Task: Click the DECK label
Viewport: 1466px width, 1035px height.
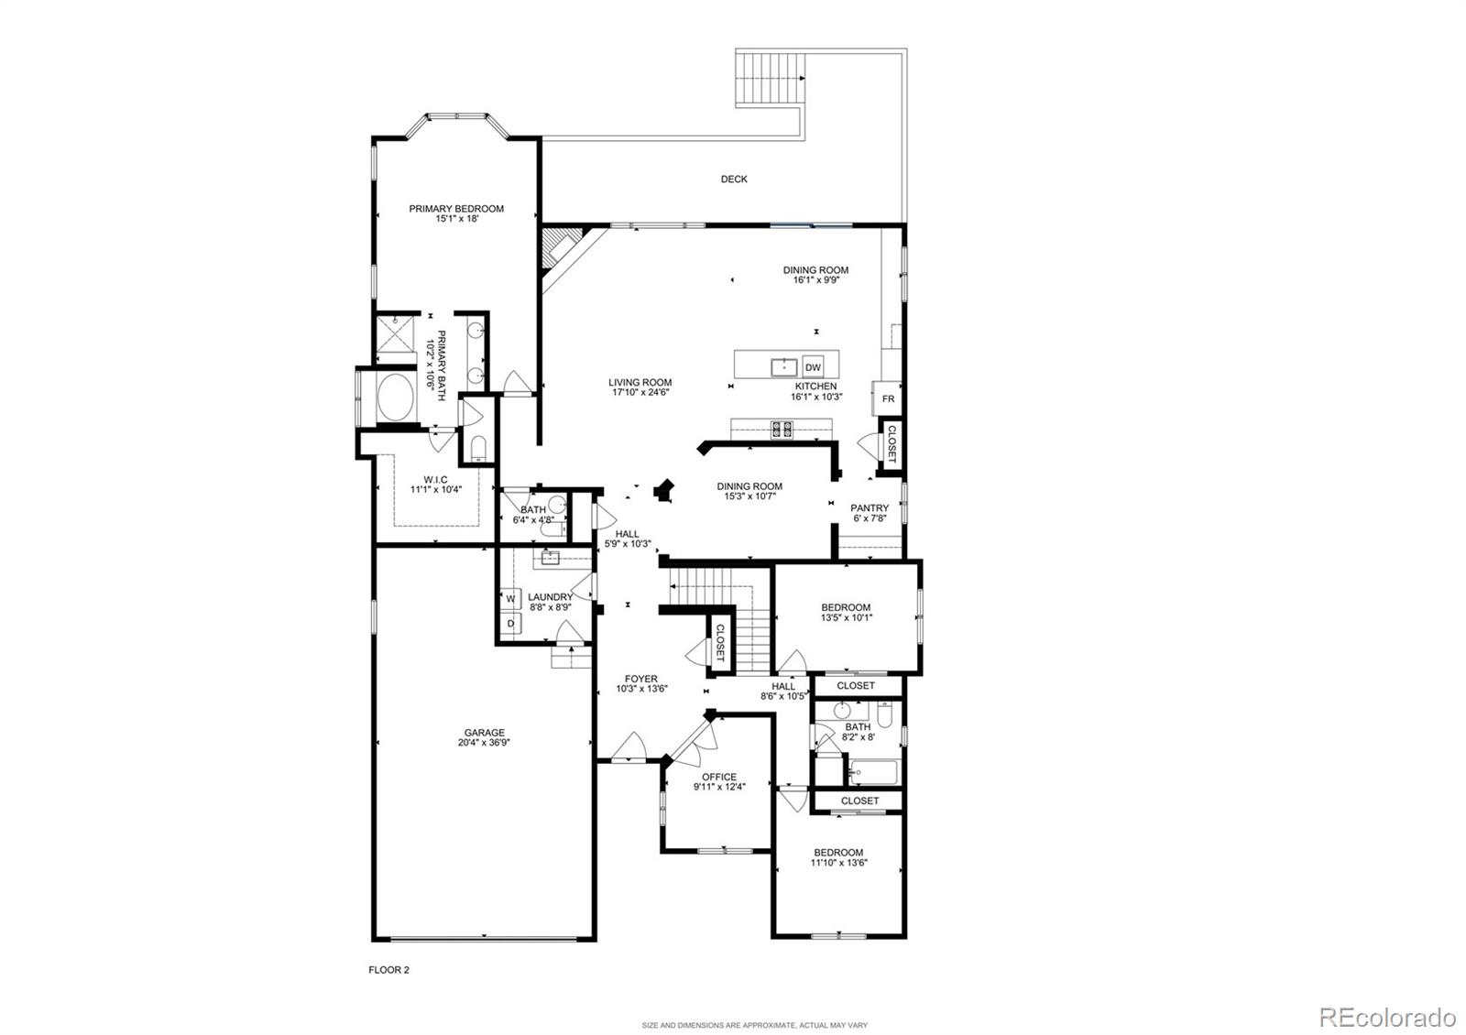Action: point(734,180)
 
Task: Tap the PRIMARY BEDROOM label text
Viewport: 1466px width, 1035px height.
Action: point(456,209)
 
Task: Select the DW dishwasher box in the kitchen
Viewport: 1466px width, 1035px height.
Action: point(813,367)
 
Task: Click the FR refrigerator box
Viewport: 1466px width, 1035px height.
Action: point(888,399)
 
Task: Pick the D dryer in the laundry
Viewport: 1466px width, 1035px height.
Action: point(511,623)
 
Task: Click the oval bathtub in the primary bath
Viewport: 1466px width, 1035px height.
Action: point(397,398)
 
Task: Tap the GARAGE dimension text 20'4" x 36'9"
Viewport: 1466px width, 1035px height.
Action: point(484,744)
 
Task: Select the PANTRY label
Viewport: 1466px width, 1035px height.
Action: point(870,508)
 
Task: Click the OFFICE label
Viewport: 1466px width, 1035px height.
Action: point(719,777)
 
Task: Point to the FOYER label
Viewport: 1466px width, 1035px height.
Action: point(641,679)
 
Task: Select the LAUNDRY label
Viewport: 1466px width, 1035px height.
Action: point(550,597)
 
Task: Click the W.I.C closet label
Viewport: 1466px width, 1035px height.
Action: point(435,479)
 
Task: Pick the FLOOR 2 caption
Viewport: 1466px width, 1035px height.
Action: point(388,969)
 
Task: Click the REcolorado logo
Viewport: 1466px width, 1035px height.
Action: point(1386,1017)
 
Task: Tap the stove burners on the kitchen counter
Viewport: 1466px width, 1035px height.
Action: point(782,428)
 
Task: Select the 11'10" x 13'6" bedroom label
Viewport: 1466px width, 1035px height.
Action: point(838,863)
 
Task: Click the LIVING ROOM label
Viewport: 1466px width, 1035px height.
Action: point(640,383)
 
